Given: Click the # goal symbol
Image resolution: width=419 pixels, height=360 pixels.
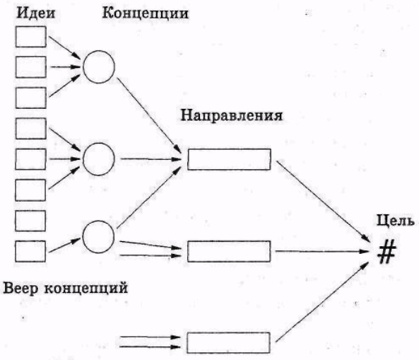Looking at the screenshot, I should click(x=386, y=252).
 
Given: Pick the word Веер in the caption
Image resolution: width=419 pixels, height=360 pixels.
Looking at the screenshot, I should click(x=21, y=289).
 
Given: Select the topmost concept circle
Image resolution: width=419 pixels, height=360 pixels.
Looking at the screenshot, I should click(x=98, y=66).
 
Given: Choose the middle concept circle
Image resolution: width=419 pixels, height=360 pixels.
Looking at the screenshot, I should click(x=98, y=158).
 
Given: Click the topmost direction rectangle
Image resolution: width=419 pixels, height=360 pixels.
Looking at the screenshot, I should click(x=229, y=160).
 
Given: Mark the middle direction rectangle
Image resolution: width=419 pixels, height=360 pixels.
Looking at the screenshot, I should click(x=229, y=251).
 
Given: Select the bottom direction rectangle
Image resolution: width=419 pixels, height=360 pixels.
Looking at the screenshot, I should click(x=229, y=343).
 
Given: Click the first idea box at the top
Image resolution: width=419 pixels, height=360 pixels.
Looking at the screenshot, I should click(x=30, y=36).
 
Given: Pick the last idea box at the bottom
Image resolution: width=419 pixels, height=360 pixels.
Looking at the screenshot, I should click(x=30, y=250).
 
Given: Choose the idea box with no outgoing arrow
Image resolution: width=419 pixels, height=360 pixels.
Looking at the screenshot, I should click(x=30, y=219).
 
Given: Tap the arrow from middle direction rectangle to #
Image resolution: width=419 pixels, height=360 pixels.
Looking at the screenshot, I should click(x=325, y=251).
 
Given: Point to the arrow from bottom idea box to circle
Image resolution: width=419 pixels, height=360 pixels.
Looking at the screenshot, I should click(x=64, y=245).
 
